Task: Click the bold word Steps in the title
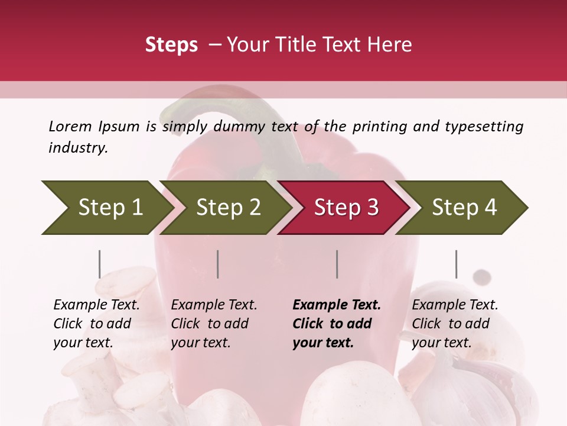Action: (x=171, y=45)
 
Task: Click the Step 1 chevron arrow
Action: (x=106, y=208)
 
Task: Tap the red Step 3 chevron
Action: (x=344, y=208)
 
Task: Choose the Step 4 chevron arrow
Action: (x=462, y=208)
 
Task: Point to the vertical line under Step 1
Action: (x=100, y=264)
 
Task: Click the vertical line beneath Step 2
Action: (x=218, y=264)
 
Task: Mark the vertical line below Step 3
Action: (x=337, y=264)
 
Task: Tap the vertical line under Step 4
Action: (x=456, y=264)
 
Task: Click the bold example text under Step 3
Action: (x=336, y=324)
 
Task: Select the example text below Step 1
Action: (x=96, y=324)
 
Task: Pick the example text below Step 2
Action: (x=214, y=324)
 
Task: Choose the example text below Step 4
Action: (x=455, y=324)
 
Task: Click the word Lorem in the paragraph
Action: (x=70, y=127)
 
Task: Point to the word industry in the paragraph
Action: (x=78, y=148)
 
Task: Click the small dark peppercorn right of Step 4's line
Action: (x=483, y=276)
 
